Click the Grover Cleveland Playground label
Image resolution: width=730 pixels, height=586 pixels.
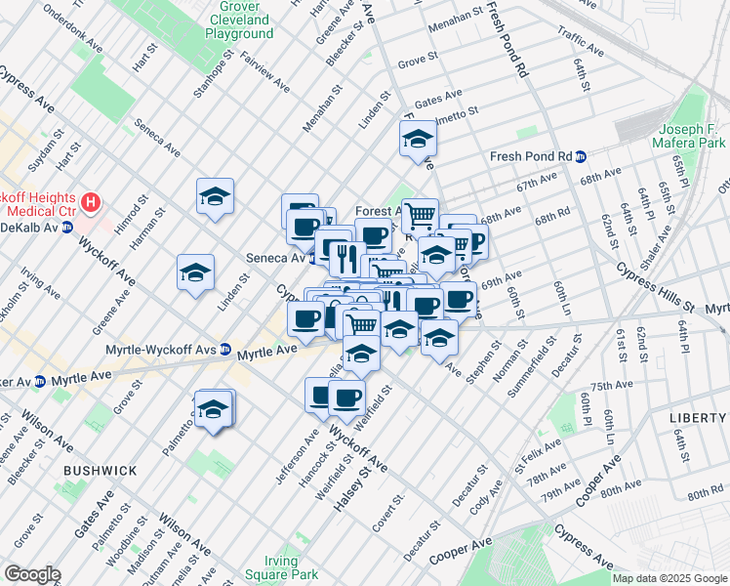pyautogui.click(x=237, y=20)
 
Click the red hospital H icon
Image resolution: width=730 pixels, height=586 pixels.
pyautogui.click(x=91, y=203)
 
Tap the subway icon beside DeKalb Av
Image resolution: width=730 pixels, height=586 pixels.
pyautogui.click(x=67, y=227)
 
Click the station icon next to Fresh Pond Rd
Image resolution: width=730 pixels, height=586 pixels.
pyautogui.click(x=581, y=156)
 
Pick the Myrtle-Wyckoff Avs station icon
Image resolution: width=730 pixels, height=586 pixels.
pyautogui.click(x=224, y=349)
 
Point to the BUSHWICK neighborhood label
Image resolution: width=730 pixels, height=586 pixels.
pyautogui.click(x=100, y=471)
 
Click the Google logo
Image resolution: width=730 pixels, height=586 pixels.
pyautogui.click(x=32, y=573)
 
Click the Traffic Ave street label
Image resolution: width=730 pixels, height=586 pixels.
pyautogui.click(x=585, y=44)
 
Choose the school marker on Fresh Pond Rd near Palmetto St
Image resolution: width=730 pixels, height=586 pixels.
pyautogui.click(x=417, y=139)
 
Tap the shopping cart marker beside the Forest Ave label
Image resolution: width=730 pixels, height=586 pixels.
pyautogui.click(x=420, y=214)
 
